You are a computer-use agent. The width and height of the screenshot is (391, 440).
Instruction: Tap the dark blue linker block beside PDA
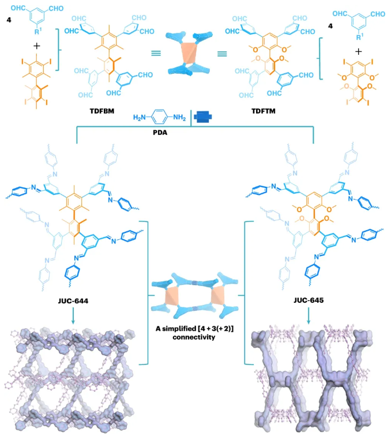(x=204, y=118)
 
